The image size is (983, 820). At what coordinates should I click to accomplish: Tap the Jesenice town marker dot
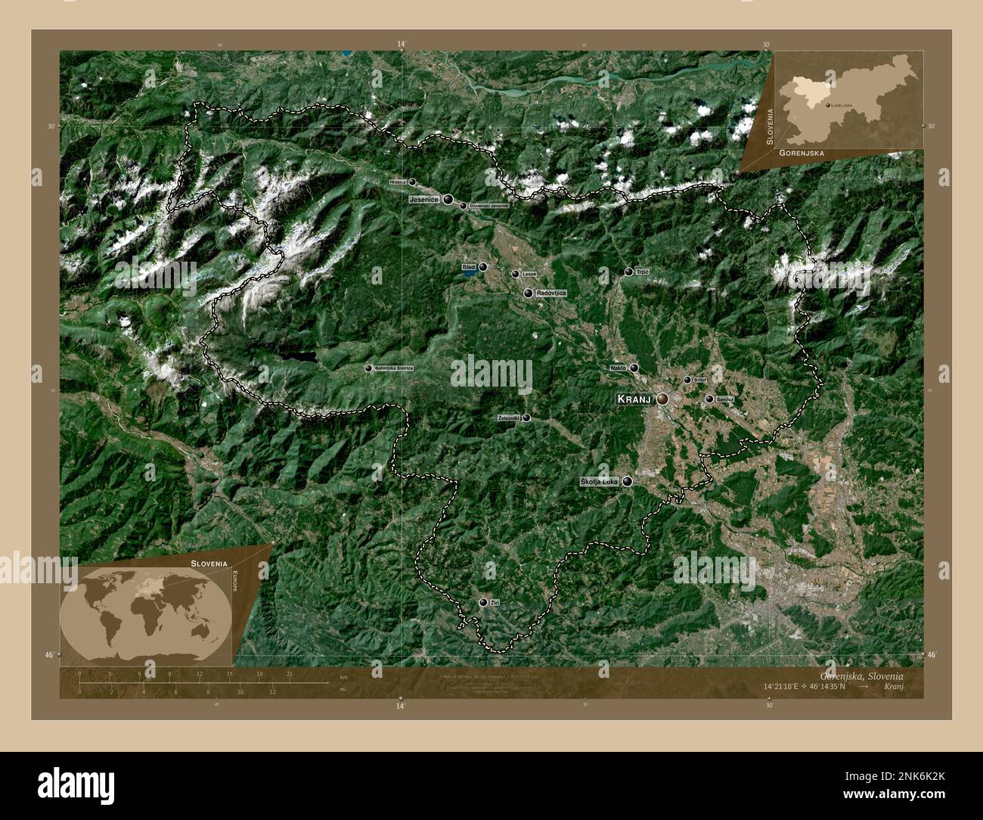449,200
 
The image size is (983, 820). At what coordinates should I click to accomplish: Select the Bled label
469,267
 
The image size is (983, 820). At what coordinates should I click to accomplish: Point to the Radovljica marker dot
528,293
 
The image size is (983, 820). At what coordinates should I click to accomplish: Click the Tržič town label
643,272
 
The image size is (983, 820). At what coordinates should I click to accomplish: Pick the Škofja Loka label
599,481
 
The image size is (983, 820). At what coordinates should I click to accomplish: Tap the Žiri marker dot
483,602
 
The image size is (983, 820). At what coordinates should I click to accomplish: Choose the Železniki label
509,418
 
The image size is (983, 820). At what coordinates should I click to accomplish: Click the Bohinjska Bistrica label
394,368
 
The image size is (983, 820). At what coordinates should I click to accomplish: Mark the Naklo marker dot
634,368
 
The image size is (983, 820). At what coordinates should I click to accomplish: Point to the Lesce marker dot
516,274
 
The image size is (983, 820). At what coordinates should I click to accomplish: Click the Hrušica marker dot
412,182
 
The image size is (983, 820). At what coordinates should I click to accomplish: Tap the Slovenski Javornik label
488,206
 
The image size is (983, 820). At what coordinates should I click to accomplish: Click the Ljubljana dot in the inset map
829,105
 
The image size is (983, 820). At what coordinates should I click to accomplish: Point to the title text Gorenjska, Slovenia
860,675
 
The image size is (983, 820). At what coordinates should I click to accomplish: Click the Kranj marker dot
662,399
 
